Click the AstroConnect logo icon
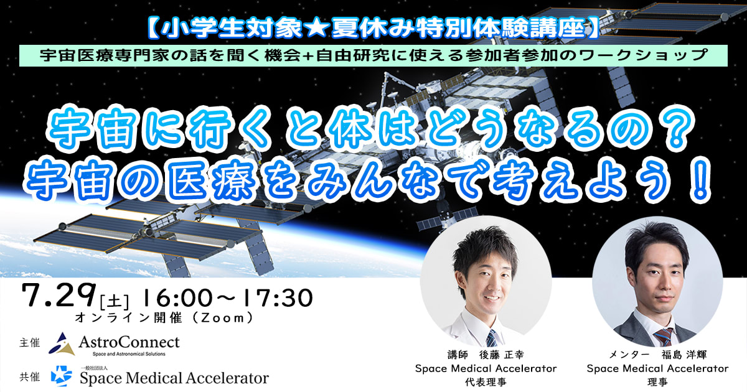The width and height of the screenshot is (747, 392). point(62,343)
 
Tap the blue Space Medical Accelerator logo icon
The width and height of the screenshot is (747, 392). point(62,376)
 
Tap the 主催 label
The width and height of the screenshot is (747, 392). point(29,343)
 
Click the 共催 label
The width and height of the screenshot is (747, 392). point(29,376)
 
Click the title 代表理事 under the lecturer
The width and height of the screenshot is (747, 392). point(486,381)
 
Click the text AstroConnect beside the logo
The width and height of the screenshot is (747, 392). point(129,342)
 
